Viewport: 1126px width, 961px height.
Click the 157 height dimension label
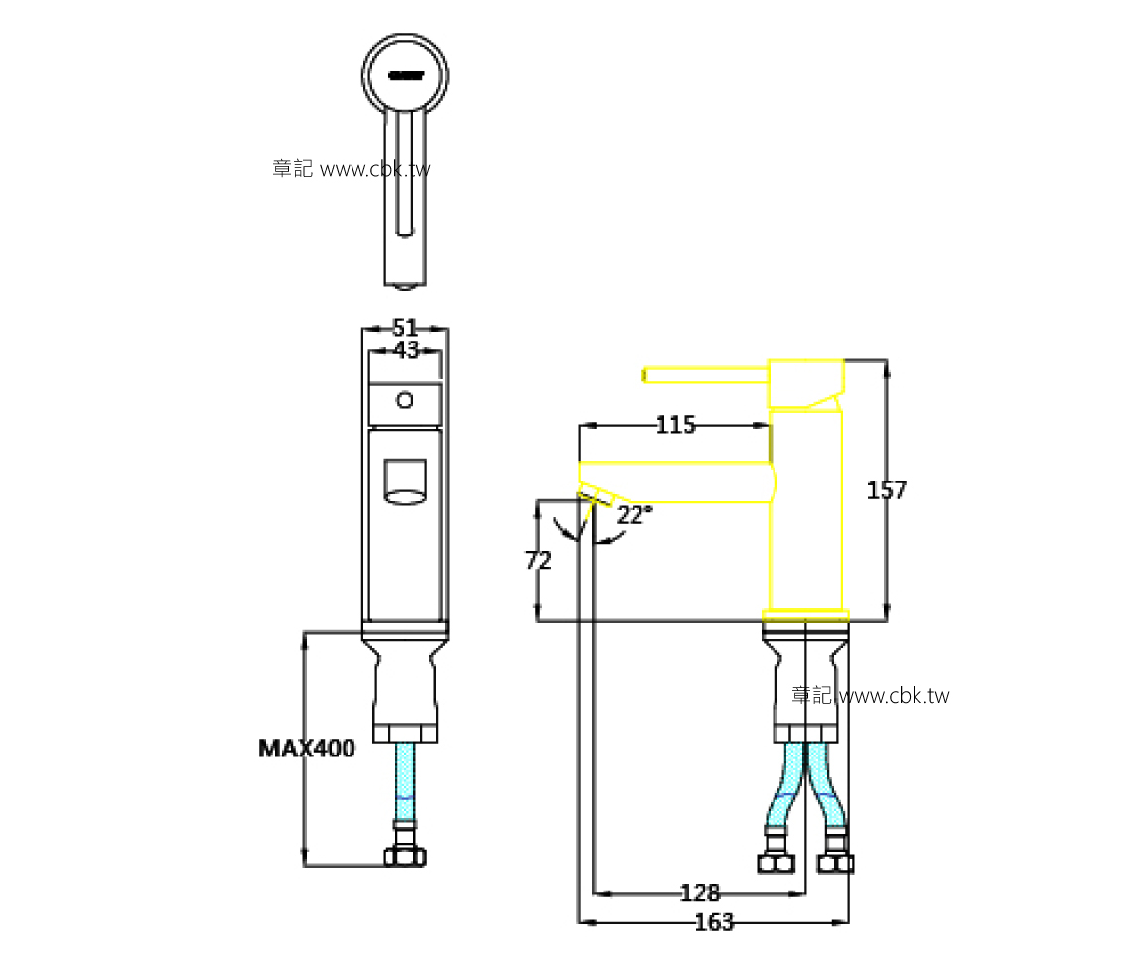(886, 490)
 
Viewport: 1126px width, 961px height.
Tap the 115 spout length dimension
(675, 426)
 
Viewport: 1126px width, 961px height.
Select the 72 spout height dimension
(538, 560)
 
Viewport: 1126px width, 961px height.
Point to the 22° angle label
(634, 515)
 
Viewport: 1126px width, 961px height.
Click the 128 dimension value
(699, 892)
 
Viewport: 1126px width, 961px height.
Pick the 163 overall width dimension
(713, 923)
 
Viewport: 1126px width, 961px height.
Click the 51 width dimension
(404, 328)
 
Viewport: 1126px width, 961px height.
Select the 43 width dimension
(405, 349)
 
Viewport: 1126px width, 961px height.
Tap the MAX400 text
(306, 749)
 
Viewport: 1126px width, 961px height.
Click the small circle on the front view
(404, 400)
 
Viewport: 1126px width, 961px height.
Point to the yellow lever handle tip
(647, 374)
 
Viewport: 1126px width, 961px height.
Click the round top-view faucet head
(405, 73)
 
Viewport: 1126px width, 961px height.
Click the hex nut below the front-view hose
(405, 856)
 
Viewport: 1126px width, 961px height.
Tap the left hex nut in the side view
(776, 862)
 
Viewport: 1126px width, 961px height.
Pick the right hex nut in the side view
(837, 862)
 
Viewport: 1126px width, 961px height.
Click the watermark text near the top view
(352, 169)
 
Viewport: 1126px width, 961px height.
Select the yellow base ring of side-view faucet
(805, 614)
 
